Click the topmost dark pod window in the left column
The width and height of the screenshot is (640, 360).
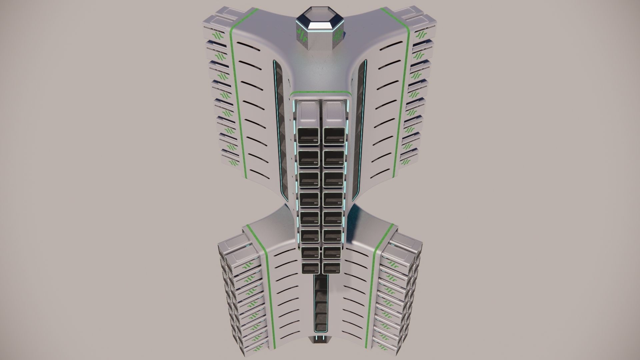pos(308,136)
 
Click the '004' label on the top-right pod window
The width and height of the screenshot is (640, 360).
pos(341,140)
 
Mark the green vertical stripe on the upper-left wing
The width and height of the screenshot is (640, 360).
pos(239,100)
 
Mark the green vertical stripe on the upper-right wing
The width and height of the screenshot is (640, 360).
pos(401,100)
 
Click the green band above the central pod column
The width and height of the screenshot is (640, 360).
pos(320,92)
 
